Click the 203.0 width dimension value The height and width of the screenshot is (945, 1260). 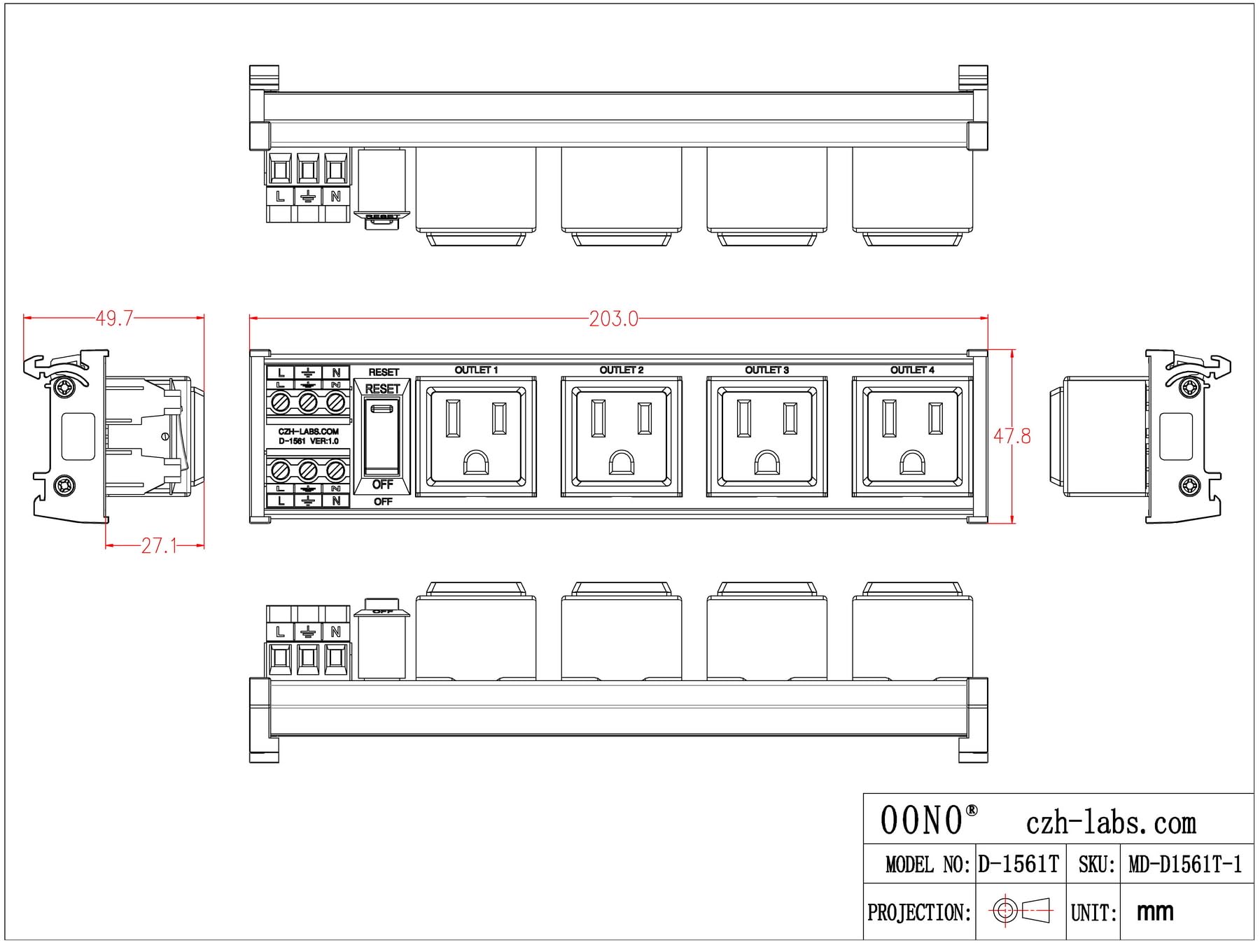[x=613, y=319]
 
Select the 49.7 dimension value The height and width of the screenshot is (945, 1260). [x=114, y=318]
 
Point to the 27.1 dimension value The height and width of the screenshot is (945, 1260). [x=159, y=546]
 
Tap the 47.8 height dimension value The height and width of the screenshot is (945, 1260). [x=1011, y=437]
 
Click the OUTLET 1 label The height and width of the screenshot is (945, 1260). [x=476, y=370]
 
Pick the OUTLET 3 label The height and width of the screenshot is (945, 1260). [x=766, y=370]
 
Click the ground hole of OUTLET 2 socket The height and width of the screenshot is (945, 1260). [x=622, y=463]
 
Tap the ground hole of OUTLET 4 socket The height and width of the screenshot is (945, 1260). [x=912, y=463]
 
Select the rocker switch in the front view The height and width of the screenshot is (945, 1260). [x=382, y=435]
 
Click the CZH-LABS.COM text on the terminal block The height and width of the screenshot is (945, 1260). [x=308, y=432]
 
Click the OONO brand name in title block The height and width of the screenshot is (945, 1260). [x=921, y=820]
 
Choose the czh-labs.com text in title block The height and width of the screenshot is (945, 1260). [x=1111, y=823]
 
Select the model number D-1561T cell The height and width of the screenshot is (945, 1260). [x=1018, y=864]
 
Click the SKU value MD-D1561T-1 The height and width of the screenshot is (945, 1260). [x=1185, y=865]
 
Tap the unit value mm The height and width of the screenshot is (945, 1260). [x=1155, y=911]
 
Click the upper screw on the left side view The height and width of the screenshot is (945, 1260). [x=64, y=387]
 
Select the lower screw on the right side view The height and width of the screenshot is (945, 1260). [x=1190, y=484]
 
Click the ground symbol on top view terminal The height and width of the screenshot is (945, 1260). [x=307, y=197]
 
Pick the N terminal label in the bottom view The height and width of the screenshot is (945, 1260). [x=336, y=631]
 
